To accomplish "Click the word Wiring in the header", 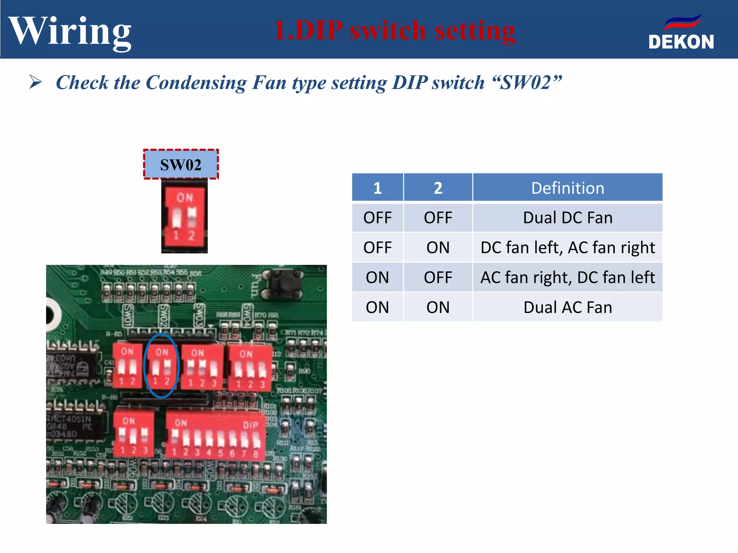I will (70, 32).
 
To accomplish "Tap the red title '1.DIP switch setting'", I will (395, 30).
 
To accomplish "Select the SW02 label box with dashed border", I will (181, 165).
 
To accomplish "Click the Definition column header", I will (567, 188).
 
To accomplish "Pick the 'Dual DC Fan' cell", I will (567, 218).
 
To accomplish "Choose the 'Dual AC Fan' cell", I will (567, 307).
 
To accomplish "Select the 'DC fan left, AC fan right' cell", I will (567, 248).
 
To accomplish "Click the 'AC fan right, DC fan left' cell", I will (567, 278).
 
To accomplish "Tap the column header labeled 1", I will (377, 188).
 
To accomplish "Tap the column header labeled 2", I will (438, 188).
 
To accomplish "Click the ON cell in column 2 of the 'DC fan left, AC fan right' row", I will (438, 248).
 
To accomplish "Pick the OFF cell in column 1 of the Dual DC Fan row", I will (377, 218).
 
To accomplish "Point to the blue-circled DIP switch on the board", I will (161, 366).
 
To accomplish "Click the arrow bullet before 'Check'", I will (35, 82).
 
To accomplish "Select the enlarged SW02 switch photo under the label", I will (184, 216).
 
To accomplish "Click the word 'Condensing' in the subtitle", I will (196, 83).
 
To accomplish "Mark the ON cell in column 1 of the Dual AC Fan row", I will (377, 307).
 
